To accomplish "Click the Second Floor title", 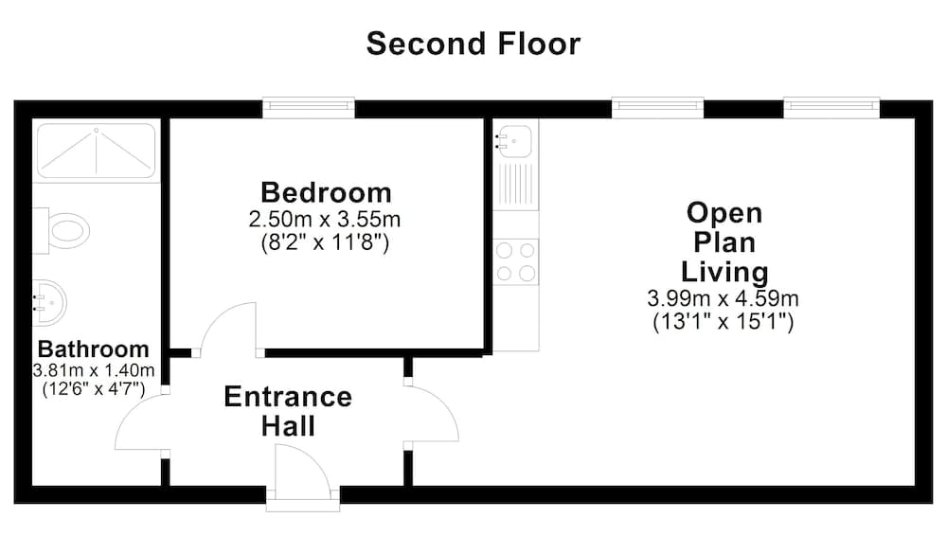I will click(473, 44).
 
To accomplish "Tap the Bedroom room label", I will click(325, 193).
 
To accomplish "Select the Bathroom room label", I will click(93, 348).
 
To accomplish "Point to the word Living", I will click(726, 272).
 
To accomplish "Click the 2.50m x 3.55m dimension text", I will click(325, 220).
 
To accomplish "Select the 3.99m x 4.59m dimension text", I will click(724, 299).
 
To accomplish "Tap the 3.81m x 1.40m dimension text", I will click(93, 369).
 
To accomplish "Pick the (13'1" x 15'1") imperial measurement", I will click(724, 322).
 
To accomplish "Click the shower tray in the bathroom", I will click(95, 151).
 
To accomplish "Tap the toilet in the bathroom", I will click(62, 228).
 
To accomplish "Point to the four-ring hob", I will click(515, 261).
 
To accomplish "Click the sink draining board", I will click(516, 187).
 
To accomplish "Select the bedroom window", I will click(309, 106).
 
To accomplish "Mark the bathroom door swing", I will click(140, 420).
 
